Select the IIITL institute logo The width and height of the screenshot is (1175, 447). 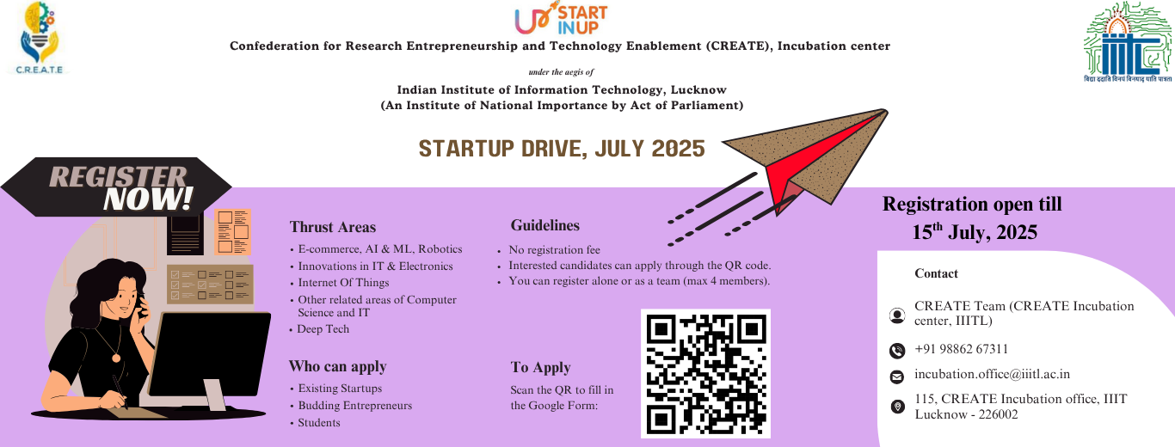(x=1128, y=42)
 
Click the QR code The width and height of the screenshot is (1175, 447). (x=705, y=373)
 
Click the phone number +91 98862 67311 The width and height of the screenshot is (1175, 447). (x=961, y=349)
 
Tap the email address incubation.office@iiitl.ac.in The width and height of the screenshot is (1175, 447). (x=992, y=374)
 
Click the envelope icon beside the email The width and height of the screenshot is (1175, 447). (x=897, y=377)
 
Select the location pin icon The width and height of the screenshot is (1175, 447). (x=897, y=406)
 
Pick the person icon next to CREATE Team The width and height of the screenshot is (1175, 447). (x=897, y=315)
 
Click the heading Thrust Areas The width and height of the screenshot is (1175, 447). (x=333, y=227)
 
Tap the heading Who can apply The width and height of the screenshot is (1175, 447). (x=337, y=366)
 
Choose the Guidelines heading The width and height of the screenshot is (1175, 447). (x=545, y=225)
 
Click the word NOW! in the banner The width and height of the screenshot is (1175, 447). (x=148, y=199)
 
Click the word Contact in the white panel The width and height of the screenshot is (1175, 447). (x=936, y=273)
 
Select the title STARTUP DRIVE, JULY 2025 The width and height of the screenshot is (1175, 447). (x=562, y=149)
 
